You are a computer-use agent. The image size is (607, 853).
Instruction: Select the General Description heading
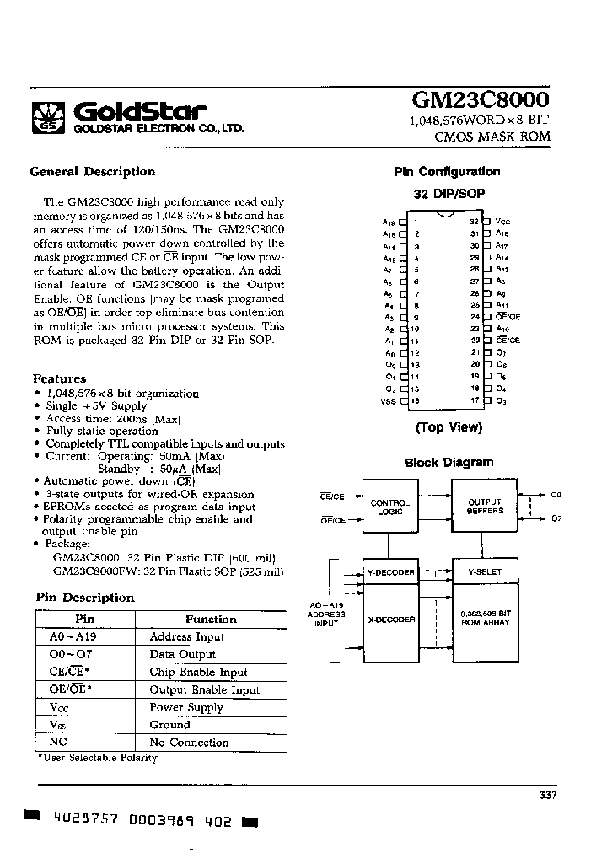[x=92, y=172]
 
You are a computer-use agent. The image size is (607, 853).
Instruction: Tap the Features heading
[x=59, y=379]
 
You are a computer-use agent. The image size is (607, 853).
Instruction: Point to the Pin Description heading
[x=85, y=598]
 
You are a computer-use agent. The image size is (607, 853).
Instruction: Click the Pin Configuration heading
[x=447, y=172]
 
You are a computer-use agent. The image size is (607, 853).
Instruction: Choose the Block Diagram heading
[x=449, y=463]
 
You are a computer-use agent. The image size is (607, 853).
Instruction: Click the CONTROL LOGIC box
[x=389, y=507]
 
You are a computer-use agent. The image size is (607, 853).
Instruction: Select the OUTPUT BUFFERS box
[x=485, y=506]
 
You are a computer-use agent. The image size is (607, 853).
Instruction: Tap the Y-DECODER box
[x=389, y=572]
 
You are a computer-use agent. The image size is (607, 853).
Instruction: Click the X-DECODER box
[x=389, y=620]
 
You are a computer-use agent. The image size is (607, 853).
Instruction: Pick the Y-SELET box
[x=485, y=572]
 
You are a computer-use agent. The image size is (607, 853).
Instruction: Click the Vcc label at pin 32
[x=503, y=221]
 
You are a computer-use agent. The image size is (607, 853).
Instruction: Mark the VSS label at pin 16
[x=388, y=401]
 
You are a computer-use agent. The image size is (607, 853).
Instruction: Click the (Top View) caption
[x=449, y=427]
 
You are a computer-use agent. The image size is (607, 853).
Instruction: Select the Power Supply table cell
[x=186, y=707]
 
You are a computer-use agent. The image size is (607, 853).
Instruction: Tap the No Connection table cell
[x=189, y=743]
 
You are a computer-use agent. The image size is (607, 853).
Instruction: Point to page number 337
[x=547, y=795]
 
